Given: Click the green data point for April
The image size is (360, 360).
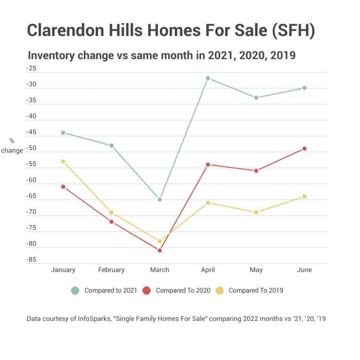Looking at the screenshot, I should click(208, 78).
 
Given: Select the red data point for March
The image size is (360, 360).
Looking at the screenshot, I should click(160, 250).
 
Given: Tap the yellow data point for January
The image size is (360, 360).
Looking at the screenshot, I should click(63, 161).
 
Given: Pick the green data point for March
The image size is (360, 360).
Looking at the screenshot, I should click(160, 200).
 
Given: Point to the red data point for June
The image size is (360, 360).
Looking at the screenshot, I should click(305, 149).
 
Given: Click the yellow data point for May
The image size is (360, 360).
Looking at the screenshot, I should click(256, 212).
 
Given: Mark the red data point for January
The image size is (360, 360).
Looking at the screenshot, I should click(63, 187).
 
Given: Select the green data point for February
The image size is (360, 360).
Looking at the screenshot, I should click(112, 146).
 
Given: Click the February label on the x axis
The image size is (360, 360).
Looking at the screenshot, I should click(112, 270).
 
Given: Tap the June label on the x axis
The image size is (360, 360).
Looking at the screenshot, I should click(305, 270).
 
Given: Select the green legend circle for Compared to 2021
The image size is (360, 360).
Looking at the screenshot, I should click(75, 290).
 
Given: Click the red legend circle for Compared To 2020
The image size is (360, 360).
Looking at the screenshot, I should click(147, 290).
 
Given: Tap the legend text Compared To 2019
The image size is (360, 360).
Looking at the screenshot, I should click(256, 290).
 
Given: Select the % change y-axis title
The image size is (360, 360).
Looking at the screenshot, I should click(12, 146).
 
